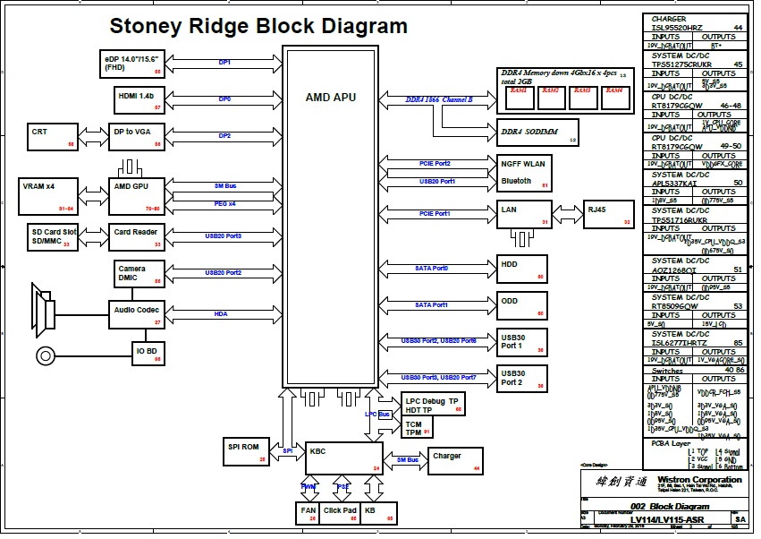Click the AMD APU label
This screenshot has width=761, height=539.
click(x=331, y=97)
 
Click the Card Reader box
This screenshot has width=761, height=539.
click(x=137, y=235)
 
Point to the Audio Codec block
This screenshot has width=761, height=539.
click(x=137, y=313)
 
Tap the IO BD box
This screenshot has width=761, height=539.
click(x=149, y=353)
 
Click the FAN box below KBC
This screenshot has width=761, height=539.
click(x=309, y=513)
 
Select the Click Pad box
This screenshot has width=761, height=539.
click(x=342, y=513)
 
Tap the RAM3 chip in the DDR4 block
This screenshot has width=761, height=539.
click(x=582, y=94)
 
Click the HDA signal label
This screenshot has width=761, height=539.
click(x=221, y=314)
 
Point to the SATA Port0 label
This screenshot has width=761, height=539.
click(x=431, y=268)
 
